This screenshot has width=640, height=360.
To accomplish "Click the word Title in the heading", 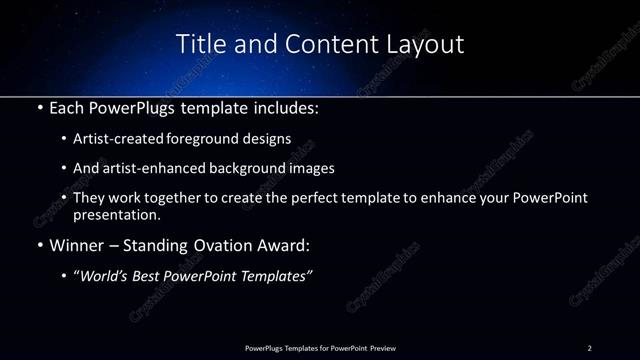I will coord(200,45).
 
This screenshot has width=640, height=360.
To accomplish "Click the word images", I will coord(307,169).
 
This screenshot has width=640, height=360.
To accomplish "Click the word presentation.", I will coord(117,214).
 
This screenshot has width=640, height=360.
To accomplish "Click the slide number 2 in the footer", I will coord(590,347).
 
